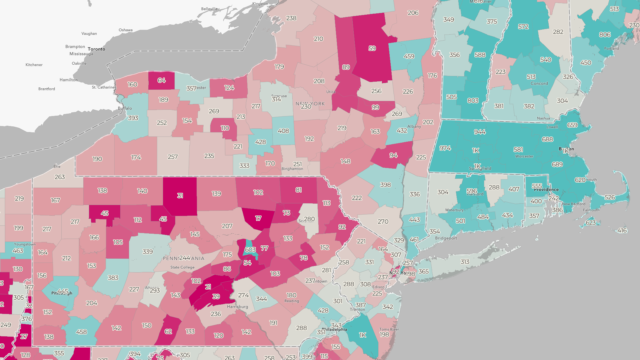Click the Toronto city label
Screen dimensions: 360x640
coord(97,48)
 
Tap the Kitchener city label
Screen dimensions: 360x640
coord(34,64)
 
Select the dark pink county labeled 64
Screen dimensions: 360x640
coord(161,81)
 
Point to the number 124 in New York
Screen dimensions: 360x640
coord(393,156)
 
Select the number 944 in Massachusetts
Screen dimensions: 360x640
coord(480,131)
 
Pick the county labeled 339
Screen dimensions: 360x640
coord(149,252)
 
